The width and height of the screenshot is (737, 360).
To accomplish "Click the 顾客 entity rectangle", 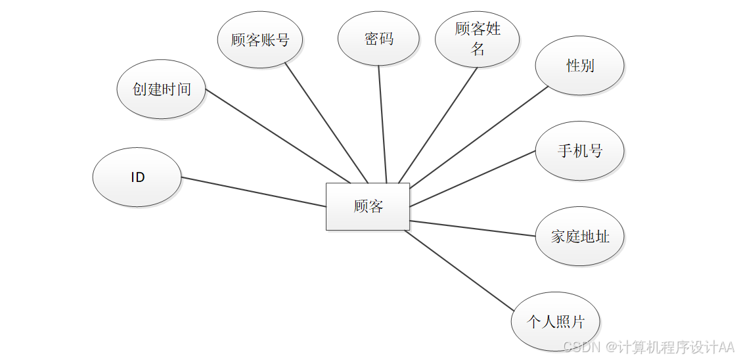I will [x=367, y=206].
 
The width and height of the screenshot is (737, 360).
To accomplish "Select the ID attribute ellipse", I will [x=137, y=177].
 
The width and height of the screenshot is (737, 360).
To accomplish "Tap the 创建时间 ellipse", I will [x=161, y=89].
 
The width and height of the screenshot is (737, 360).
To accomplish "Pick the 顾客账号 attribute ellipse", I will [x=260, y=39].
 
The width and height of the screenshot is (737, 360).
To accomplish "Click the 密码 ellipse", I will [x=378, y=39].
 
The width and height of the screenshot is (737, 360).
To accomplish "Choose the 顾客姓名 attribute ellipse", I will [x=477, y=39].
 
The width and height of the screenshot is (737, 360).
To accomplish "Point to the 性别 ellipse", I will [x=579, y=65].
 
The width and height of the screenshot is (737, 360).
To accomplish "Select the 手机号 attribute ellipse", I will [x=579, y=151].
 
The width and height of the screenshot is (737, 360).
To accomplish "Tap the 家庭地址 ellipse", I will [x=579, y=236].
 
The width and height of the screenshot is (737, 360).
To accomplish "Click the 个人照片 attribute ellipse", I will [x=555, y=322].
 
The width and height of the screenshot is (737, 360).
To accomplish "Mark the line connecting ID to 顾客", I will [x=254, y=192].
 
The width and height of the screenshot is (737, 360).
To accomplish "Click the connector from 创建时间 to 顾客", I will [x=278, y=136].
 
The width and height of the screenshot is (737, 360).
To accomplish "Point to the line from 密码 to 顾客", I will [x=382, y=125].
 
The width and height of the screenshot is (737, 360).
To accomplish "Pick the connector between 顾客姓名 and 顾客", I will [x=438, y=125].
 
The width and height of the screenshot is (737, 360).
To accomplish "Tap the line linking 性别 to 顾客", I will [x=478, y=136].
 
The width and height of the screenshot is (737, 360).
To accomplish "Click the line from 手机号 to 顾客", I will [x=473, y=179].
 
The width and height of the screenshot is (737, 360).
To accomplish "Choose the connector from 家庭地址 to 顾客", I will [x=473, y=228].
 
